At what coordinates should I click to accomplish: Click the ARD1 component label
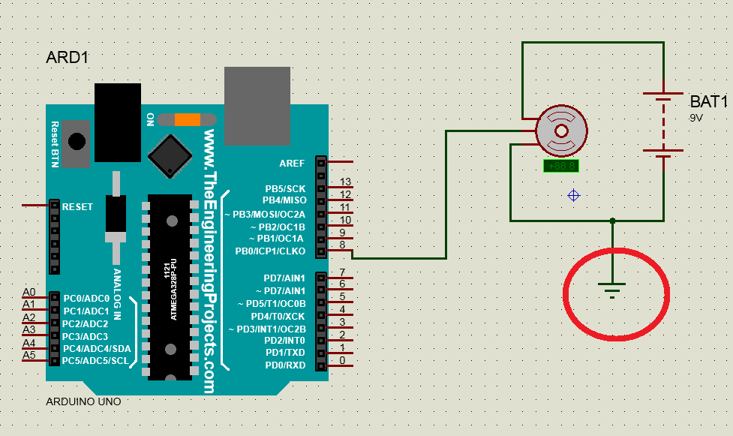click(x=69, y=58)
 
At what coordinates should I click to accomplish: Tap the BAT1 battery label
click(x=709, y=101)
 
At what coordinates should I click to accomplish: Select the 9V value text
click(x=697, y=119)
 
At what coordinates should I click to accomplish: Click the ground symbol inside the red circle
click(x=613, y=287)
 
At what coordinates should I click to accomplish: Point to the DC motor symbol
click(x=561, y=131)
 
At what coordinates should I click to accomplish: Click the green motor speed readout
click(x=561, y=166)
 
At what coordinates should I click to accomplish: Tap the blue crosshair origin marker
click(x=573, y=195)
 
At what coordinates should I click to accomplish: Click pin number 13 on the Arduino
click(x=346, y=182)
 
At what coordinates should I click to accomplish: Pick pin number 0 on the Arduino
click(x=342, y=361)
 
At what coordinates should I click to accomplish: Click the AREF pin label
click(x=292, y=163)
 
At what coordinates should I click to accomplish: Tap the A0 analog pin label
click(x=29, y=292)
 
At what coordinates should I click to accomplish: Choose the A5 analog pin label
click(x=29, y=355)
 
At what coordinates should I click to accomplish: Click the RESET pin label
click(x=77, y=206)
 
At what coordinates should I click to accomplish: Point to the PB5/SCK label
click(x=285, y=188)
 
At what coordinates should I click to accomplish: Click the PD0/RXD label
click(x=285, y=365)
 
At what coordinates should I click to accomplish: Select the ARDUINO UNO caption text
click(x=83, y=401)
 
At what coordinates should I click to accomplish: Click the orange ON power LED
click(x=187, y=119)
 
